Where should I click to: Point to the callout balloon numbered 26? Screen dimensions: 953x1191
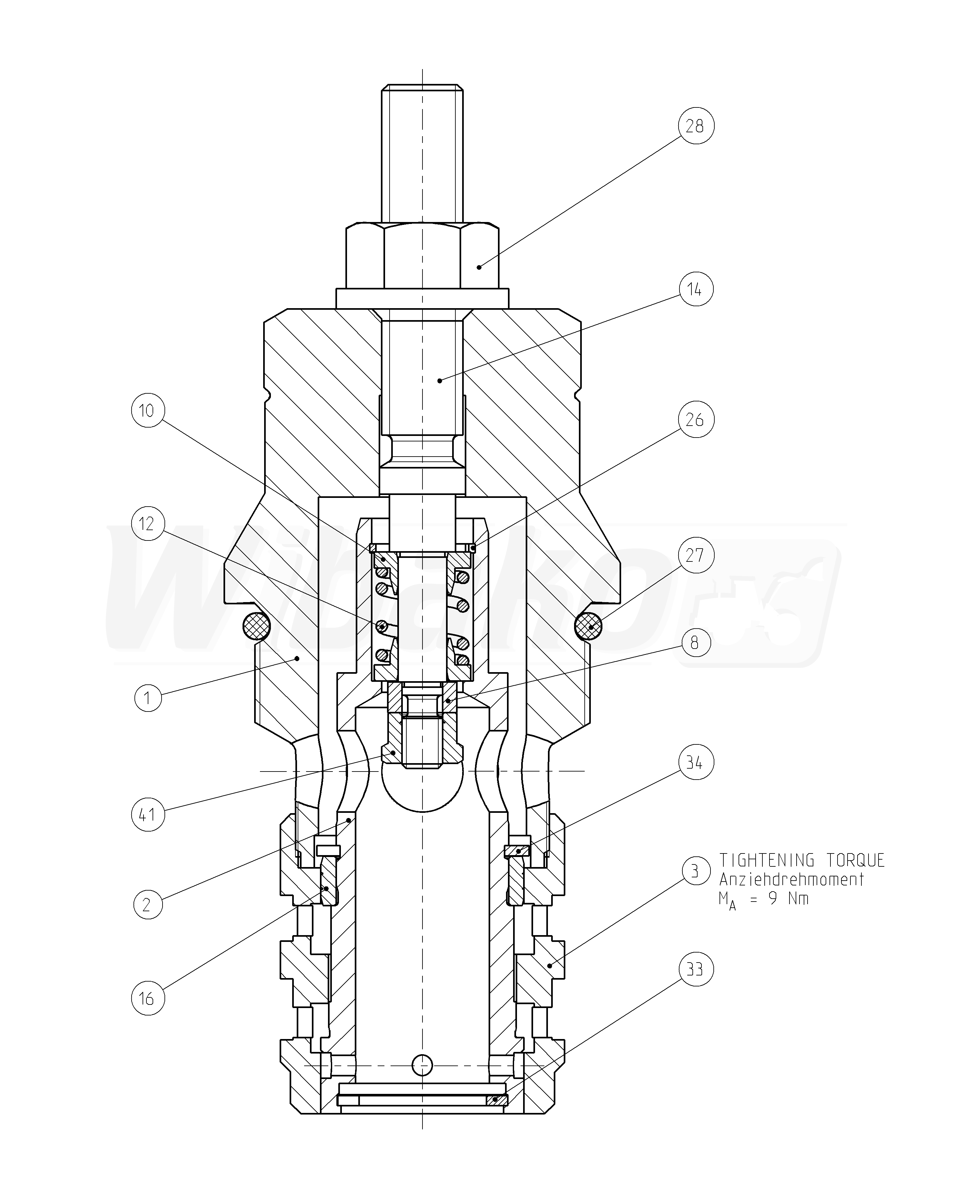pyautogui.click(x=695, y=420)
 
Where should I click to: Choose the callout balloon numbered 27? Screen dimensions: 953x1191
pyautogui.click(x=695, y=555)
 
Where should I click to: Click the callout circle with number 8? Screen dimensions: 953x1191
pyautogui.click(x=695, y=642)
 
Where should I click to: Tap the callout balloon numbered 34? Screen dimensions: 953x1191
pyautogui.click(x=695, y=763)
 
